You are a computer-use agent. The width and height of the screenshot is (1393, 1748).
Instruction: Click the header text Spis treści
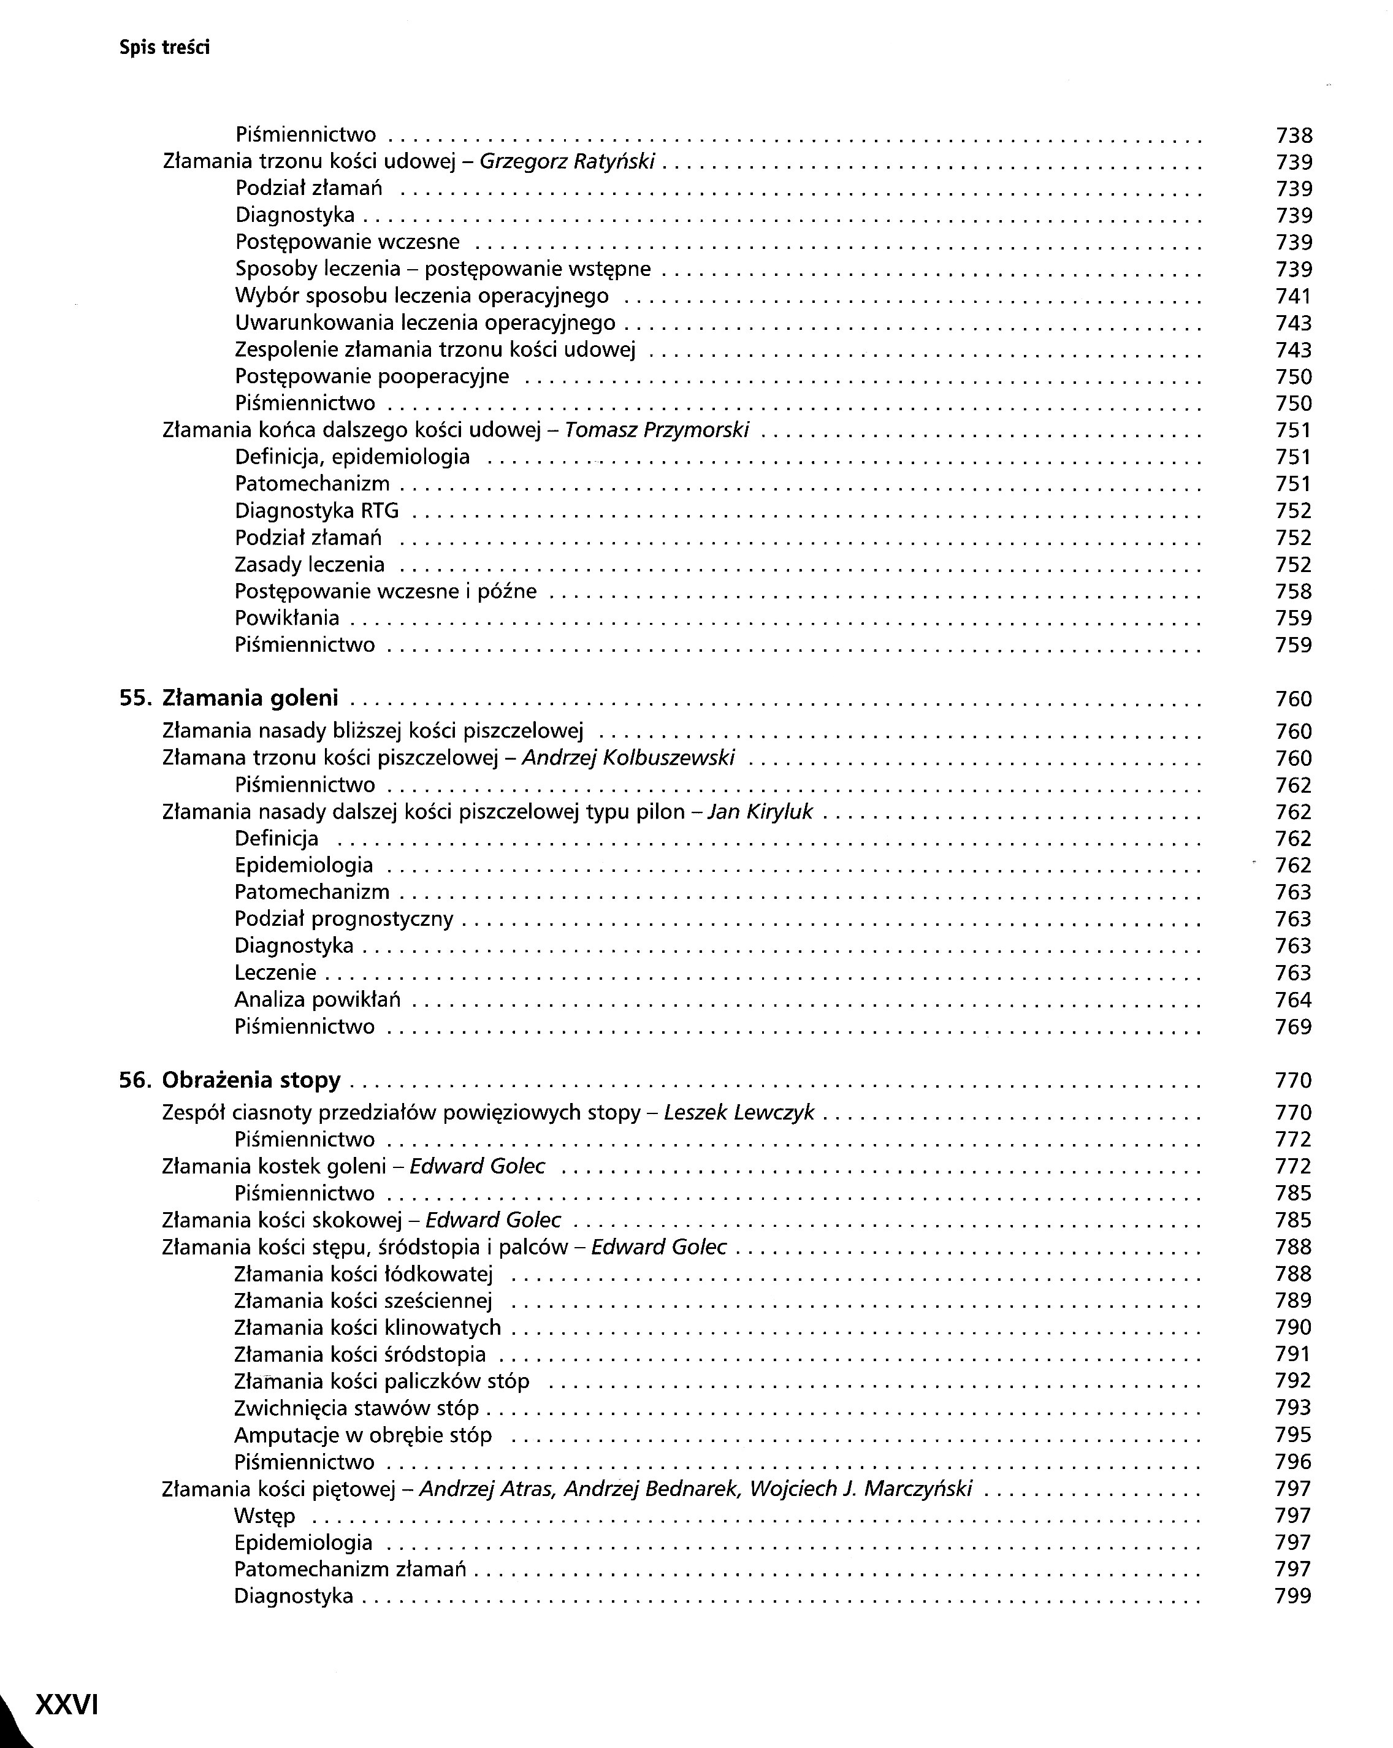[164, 48]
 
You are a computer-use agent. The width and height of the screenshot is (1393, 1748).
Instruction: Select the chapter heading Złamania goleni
[251, 698]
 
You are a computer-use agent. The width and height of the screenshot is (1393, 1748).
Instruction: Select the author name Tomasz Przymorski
[657, 430]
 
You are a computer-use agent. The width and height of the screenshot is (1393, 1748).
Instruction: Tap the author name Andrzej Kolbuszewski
[628, 758]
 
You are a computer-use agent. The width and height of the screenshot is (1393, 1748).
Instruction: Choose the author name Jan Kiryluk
[760, 812]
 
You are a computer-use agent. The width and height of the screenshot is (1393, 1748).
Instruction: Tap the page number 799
[1293, 1597]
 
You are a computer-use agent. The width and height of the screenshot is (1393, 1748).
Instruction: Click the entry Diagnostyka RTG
[317, 511]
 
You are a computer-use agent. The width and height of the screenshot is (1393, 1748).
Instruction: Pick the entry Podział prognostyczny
[344, 920]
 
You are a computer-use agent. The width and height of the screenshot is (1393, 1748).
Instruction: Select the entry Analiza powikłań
[318, 999]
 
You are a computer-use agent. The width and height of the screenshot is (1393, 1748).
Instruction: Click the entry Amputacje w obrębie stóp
[363, 1435]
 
